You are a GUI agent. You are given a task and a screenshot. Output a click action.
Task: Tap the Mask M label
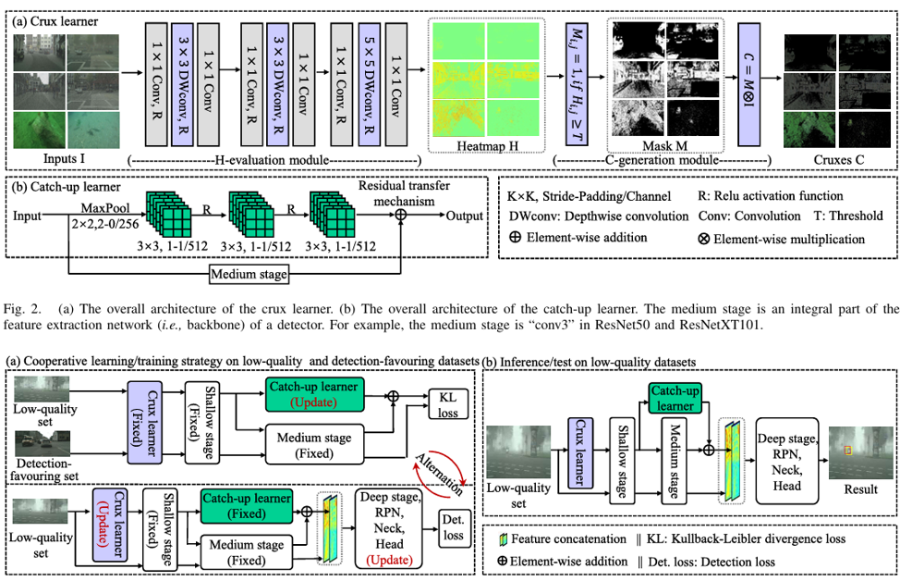coord(651,147)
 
